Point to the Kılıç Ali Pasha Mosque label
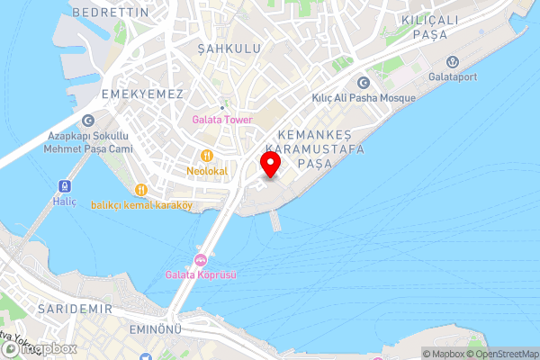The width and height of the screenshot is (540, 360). (x=363, y=97)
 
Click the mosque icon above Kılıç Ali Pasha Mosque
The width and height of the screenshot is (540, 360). (x=363, y=83)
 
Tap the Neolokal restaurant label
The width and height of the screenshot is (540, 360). (x=207, y=171)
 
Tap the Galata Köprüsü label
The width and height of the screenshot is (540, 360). (x=201, y=275)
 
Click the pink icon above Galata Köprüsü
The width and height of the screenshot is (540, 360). (x=201, y=260)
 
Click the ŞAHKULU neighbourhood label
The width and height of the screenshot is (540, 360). (x=229, y=48)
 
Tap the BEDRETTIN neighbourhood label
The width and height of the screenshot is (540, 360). (x=111, y=13)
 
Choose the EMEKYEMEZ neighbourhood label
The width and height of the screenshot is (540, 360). (x=142, y=94)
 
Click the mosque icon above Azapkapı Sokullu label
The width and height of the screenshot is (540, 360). (x=88, y=121)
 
